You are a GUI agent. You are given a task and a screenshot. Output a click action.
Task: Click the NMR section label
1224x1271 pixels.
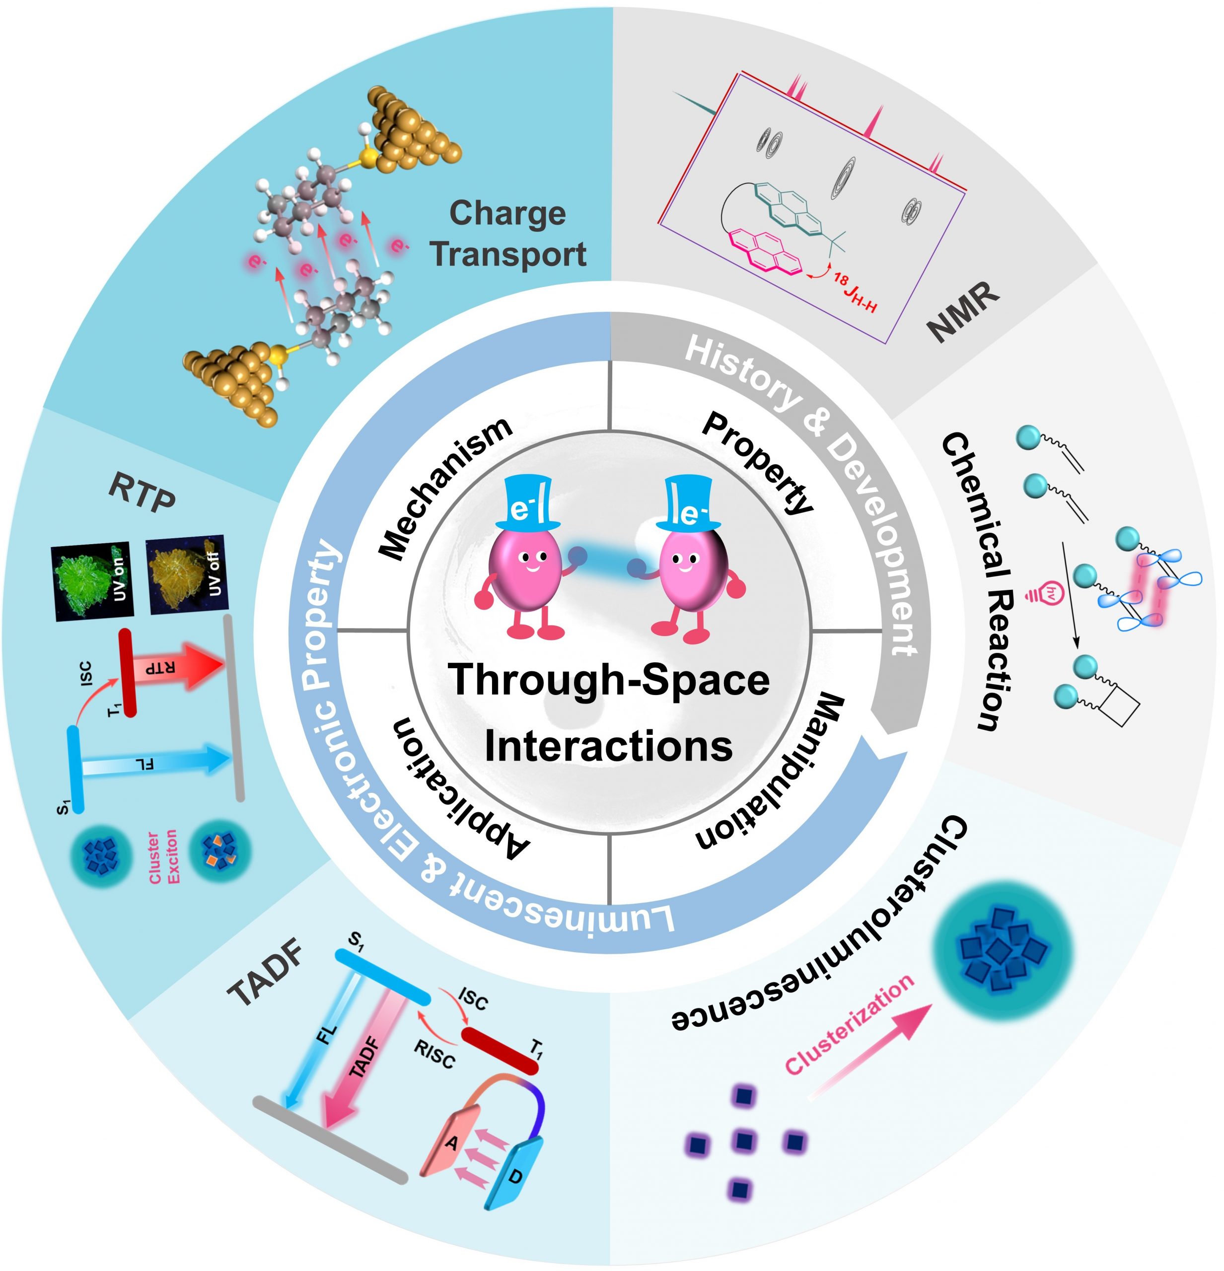coord(963,311)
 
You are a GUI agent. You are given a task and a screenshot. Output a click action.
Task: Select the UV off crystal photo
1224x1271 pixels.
coord(187,574)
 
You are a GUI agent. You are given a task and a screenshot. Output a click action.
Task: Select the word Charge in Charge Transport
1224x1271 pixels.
coord(507,212)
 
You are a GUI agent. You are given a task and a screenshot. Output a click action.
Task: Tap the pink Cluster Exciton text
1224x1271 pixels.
coord(163,856)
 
